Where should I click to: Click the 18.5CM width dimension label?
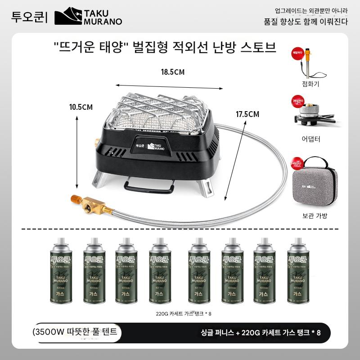click(173, 72)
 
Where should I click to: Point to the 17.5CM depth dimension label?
click(247, 114)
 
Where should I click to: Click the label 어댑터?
click(311, 139)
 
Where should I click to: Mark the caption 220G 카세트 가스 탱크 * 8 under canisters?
click(180, 314)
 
